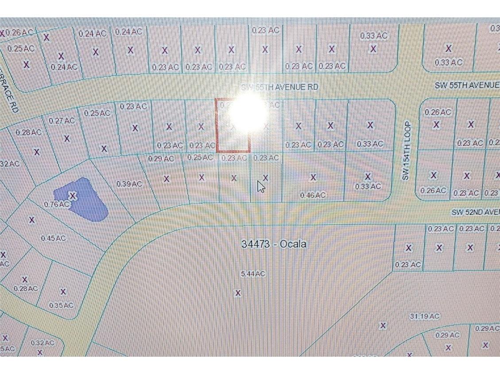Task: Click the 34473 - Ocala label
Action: [x=274, y=244]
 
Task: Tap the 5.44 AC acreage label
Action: [x=253, y=274]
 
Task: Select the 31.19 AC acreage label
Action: [x=425, y=316]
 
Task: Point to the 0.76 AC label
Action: [x=57, y=204]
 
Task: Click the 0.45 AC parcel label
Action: [x=53, y=238]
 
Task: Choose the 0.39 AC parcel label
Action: [x=129, y=183]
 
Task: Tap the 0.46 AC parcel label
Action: [x=313, y=195]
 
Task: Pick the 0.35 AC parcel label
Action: [x=61, y=305]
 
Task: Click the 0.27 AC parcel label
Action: [x=62, y=120]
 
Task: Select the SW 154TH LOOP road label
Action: [x=407, y=151]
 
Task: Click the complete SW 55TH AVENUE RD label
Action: [x=280, y=87]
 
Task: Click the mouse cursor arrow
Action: [x=261, y=187]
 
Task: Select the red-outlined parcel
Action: [x=233, y=126]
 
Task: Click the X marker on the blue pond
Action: [x=73, y=195]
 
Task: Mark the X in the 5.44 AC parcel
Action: [x=238, y=293]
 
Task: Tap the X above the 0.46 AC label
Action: [x=313, y=177]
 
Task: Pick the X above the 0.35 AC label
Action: [x=63, y=292]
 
